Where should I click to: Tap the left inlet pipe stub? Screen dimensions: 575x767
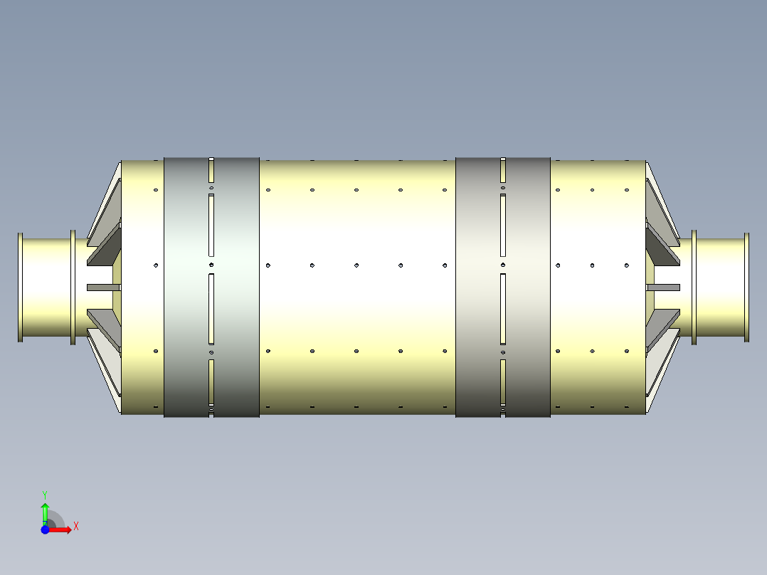tap(46, 288)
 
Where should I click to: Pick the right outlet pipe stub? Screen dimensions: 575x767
tap(720, 288)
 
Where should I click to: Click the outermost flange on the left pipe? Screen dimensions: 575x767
tap(21, 288)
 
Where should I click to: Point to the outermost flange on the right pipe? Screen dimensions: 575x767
tap(746, 288)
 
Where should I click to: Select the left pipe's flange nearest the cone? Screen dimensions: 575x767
tap(73, 288)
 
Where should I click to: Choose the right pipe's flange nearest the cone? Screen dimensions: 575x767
tap(694, 288)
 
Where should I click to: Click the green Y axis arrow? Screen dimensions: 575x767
tap(45, 511)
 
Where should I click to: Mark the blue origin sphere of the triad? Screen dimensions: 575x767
tap(45, 529)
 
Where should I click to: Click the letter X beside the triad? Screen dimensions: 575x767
tap(76, 527)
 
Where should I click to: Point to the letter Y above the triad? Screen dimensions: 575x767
tap(45, 494)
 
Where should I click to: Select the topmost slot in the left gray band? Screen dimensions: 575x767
tap(211, 169)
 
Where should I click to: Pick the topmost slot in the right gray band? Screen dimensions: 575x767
tap(503, 169)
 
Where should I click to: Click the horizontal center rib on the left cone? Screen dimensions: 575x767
tap(104, 287)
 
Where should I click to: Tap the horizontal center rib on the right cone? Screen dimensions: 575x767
tap(663, 287)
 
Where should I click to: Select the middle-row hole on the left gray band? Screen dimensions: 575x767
tap(211, 264)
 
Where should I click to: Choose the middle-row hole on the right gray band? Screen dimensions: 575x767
tap(503, 265)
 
